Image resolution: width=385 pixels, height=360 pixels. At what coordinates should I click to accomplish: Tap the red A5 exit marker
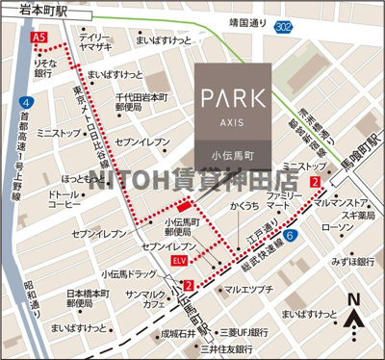pos(39,37)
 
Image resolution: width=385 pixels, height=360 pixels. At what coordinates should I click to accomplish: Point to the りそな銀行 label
pos(42,66)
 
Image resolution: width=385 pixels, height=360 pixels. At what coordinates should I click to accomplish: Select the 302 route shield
pos(309,30)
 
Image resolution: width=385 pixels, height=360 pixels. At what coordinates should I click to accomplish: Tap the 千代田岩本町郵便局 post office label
pos(141,104)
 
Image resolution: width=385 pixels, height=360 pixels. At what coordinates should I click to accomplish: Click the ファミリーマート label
pos(284,201)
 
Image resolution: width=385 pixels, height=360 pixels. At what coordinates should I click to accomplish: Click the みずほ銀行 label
pos(351,261)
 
